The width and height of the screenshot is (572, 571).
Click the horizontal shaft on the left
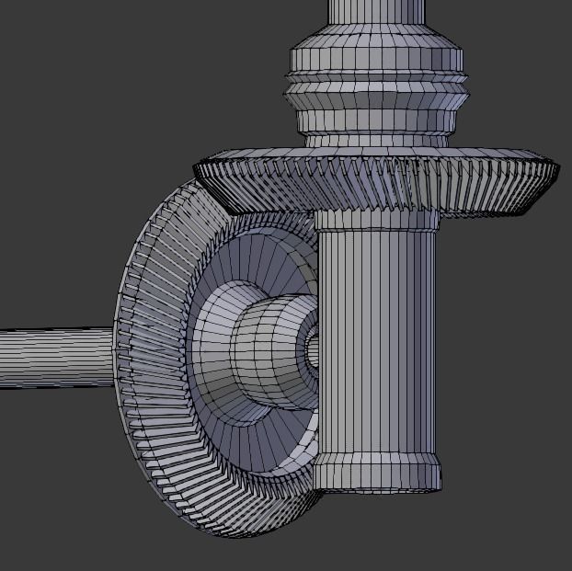coord(55,357)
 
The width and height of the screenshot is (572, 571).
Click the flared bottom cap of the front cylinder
coord(377,474)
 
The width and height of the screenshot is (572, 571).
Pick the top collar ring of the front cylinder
coord(375,220)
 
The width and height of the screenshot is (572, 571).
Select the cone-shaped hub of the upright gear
coord(267,349)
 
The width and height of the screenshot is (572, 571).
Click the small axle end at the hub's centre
coord(313,350)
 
